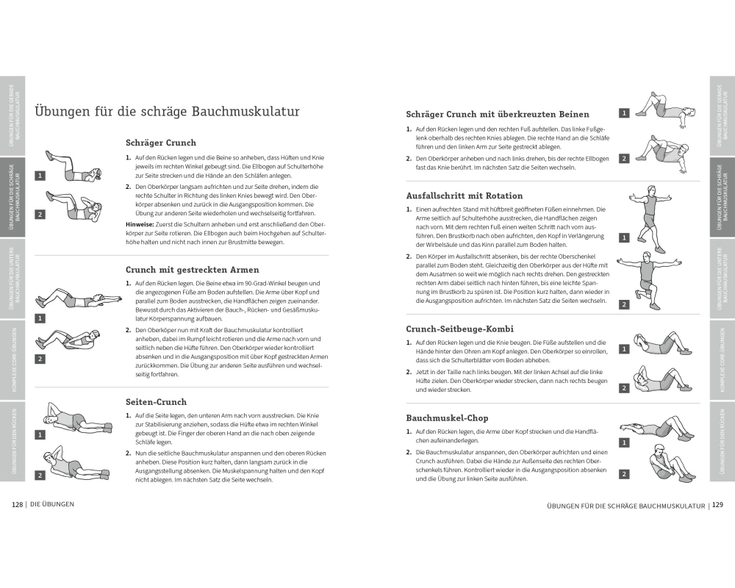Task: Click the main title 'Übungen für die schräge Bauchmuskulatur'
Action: click(167, 112)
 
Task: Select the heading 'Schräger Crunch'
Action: click(161, 143)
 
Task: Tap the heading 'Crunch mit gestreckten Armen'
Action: click(192, 270)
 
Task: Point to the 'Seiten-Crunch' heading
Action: click(156, 402)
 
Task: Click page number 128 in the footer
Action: click(18, 504)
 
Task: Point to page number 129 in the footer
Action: click(718, 505)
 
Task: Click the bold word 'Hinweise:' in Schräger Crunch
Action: click(140, 223)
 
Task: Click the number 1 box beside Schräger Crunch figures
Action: click(40, 176)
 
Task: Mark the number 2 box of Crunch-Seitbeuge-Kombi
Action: click(624, 387)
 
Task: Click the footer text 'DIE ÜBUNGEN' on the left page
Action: click(51, 504)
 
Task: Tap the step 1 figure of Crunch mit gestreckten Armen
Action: click(73, 298)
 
